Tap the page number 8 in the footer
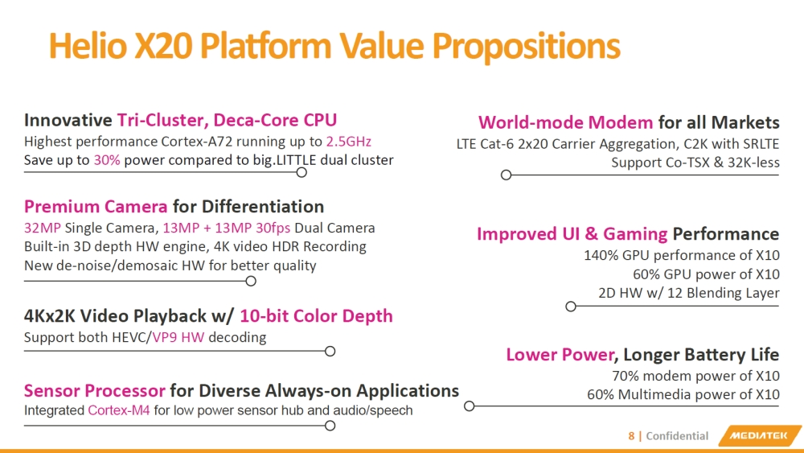click(x=631, y=436)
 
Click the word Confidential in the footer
click(x=677, y=436)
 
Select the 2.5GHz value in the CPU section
click(x=348, y=142)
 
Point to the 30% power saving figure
click(x=107, y=160)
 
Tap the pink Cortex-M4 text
click(x=119, y=410)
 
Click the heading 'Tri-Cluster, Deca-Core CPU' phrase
click(x=227, y=121)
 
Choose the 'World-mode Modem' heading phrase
click(x=565, y=122)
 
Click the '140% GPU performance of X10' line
click(x=681, y=256)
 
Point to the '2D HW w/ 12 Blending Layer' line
click(x=688, y=293)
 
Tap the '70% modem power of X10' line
click(x=695, y=376)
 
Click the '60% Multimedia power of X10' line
click(x=683, y=394)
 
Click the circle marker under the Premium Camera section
click(x=251, y=281)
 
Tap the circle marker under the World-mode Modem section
click(x=506, y=175)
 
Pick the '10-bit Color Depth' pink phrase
click(x=316, y=315)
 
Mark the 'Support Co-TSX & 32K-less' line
click(x=695, y=163)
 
